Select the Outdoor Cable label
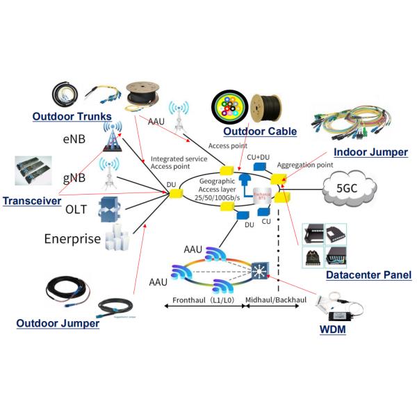coord(259,131)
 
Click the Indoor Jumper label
coord(370,152)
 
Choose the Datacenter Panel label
coord(368,276)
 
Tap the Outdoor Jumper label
coord(58,323)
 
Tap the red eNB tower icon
coord(109,139)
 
